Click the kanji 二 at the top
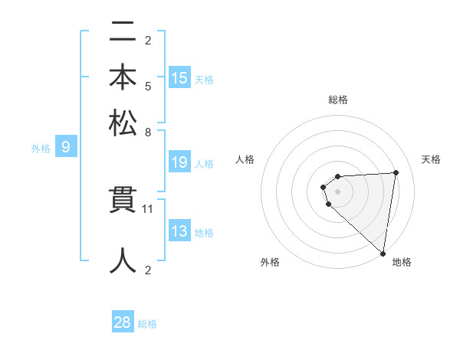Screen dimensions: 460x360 click(123, 34)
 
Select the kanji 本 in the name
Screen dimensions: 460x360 click(123, 78)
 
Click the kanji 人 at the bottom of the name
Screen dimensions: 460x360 click(123, 260)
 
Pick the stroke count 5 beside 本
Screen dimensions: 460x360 click(148, 86)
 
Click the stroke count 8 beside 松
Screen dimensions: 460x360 click(148, 131)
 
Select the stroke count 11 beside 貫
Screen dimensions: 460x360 click(148, 208)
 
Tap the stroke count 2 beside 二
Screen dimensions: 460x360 click(148, 41)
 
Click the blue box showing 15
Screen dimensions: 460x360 click(179, 78)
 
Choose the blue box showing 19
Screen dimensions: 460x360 click(179, 162)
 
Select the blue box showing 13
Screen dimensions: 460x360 click(179, 231)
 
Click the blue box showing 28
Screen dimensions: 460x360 click(123, 322)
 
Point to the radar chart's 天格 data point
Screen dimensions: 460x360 click(396, 172)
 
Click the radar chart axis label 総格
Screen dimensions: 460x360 click(338, 100)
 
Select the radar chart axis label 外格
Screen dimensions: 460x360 click(270, 262)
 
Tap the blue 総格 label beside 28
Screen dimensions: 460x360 click(147, 324)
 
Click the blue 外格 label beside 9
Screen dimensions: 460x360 click(40, 149)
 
